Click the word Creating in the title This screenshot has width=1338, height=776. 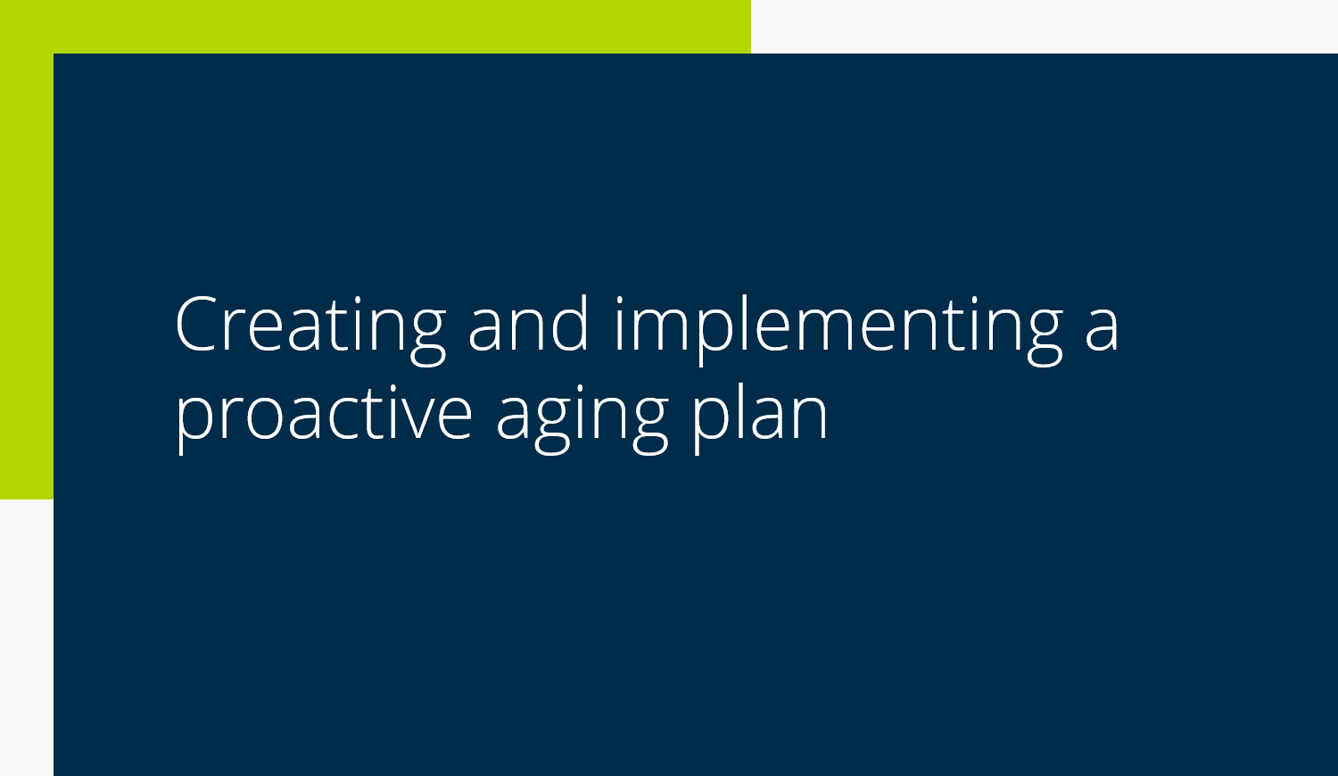(310, 328)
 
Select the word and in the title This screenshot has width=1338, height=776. (528, 323)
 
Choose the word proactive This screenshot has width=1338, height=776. (323, 417)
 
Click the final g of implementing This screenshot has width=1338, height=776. (1045, 337)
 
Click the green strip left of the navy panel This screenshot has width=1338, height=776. (26, 275)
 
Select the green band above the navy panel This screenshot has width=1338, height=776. (376, 26)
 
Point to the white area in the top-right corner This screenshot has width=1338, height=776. (1045, 26)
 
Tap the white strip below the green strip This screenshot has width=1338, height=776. (26, 638)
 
